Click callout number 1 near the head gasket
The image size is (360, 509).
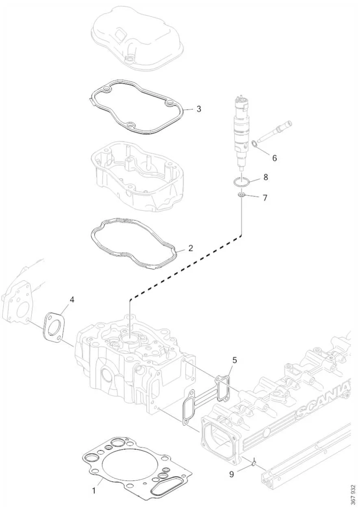94,491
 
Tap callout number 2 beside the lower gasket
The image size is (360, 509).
190,248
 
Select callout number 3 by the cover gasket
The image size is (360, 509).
198,109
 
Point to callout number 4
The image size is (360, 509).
72,300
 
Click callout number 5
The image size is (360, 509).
234,360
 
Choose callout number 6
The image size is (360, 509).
274,158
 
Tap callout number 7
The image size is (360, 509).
265,198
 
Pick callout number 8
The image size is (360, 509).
265,177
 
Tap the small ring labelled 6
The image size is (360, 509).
254,144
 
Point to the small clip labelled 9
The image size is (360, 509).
253,463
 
